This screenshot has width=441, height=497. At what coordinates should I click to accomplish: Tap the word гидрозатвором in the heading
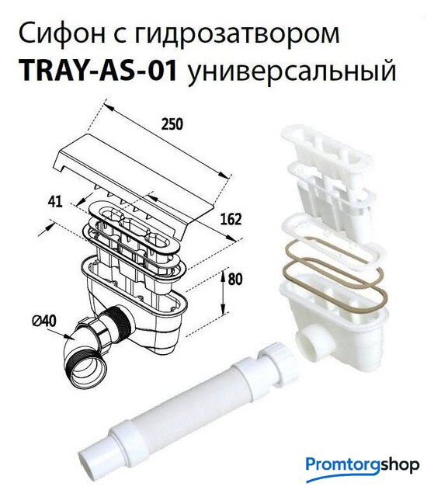pos(238,36)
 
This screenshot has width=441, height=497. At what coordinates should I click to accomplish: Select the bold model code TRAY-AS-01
pos(98,71)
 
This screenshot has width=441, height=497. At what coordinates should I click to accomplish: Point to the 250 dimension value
pos(172,124)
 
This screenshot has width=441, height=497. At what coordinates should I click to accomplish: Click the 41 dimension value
pos(55,202)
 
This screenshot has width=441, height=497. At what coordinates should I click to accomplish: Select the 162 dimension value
pos(231,219)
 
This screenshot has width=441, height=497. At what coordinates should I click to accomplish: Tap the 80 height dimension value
pos(234,279)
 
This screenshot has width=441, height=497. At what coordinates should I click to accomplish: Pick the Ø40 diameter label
pos(44,321)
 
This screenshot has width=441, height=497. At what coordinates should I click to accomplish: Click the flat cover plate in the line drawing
pos(140,178)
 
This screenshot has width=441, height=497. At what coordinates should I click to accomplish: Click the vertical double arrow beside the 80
pos(224,291)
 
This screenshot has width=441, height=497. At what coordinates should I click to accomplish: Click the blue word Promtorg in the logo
pos(342,465)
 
